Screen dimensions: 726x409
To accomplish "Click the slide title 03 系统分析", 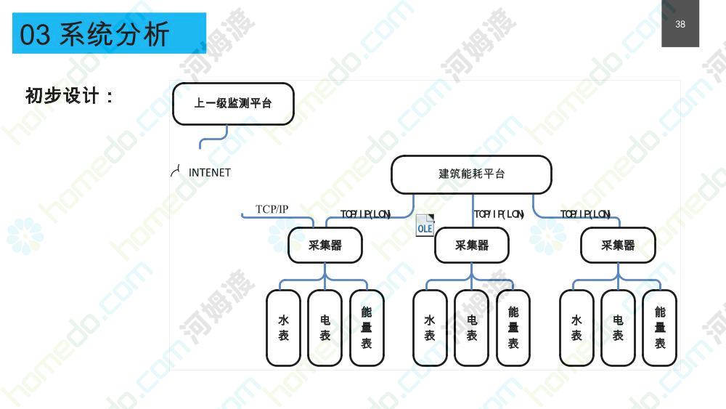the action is click(x=94, y=34).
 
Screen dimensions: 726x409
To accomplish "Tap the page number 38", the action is click(x=680, y=24).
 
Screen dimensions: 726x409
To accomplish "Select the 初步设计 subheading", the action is click(x=69, y=96).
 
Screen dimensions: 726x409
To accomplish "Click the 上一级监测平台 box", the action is click(x=233, y=104).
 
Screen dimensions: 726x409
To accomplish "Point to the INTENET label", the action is click(x=209, y=173).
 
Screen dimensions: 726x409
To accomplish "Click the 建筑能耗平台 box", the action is click(x=471, y=174).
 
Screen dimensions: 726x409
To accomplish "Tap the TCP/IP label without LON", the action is click(x=272, y=209).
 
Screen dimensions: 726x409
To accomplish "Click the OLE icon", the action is click(x=425, y=226).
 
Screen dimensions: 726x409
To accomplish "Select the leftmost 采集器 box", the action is click(x=325, y=245).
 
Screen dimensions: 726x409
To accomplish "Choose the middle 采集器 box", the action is click(x=472, y=245).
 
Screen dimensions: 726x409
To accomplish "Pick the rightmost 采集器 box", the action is click(x=618, y=245).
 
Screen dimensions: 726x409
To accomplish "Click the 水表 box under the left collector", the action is click(x=283, y=328).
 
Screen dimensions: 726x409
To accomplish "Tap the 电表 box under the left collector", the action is click(x=325, y=328).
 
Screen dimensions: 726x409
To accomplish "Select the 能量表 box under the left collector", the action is click(x=367, y=328).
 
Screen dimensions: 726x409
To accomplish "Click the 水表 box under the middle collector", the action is click(x=430, y=328).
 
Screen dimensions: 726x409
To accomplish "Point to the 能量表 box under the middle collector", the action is click(x=513, y=328).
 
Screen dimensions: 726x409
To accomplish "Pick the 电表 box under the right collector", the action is click(x=618, y=328).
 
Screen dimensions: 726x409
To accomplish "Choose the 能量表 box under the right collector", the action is click(x=660, y=328).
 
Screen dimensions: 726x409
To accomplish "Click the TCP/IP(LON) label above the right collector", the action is click(x=585, y=214).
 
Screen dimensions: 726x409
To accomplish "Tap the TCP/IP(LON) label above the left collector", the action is click(x=366, y=214).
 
